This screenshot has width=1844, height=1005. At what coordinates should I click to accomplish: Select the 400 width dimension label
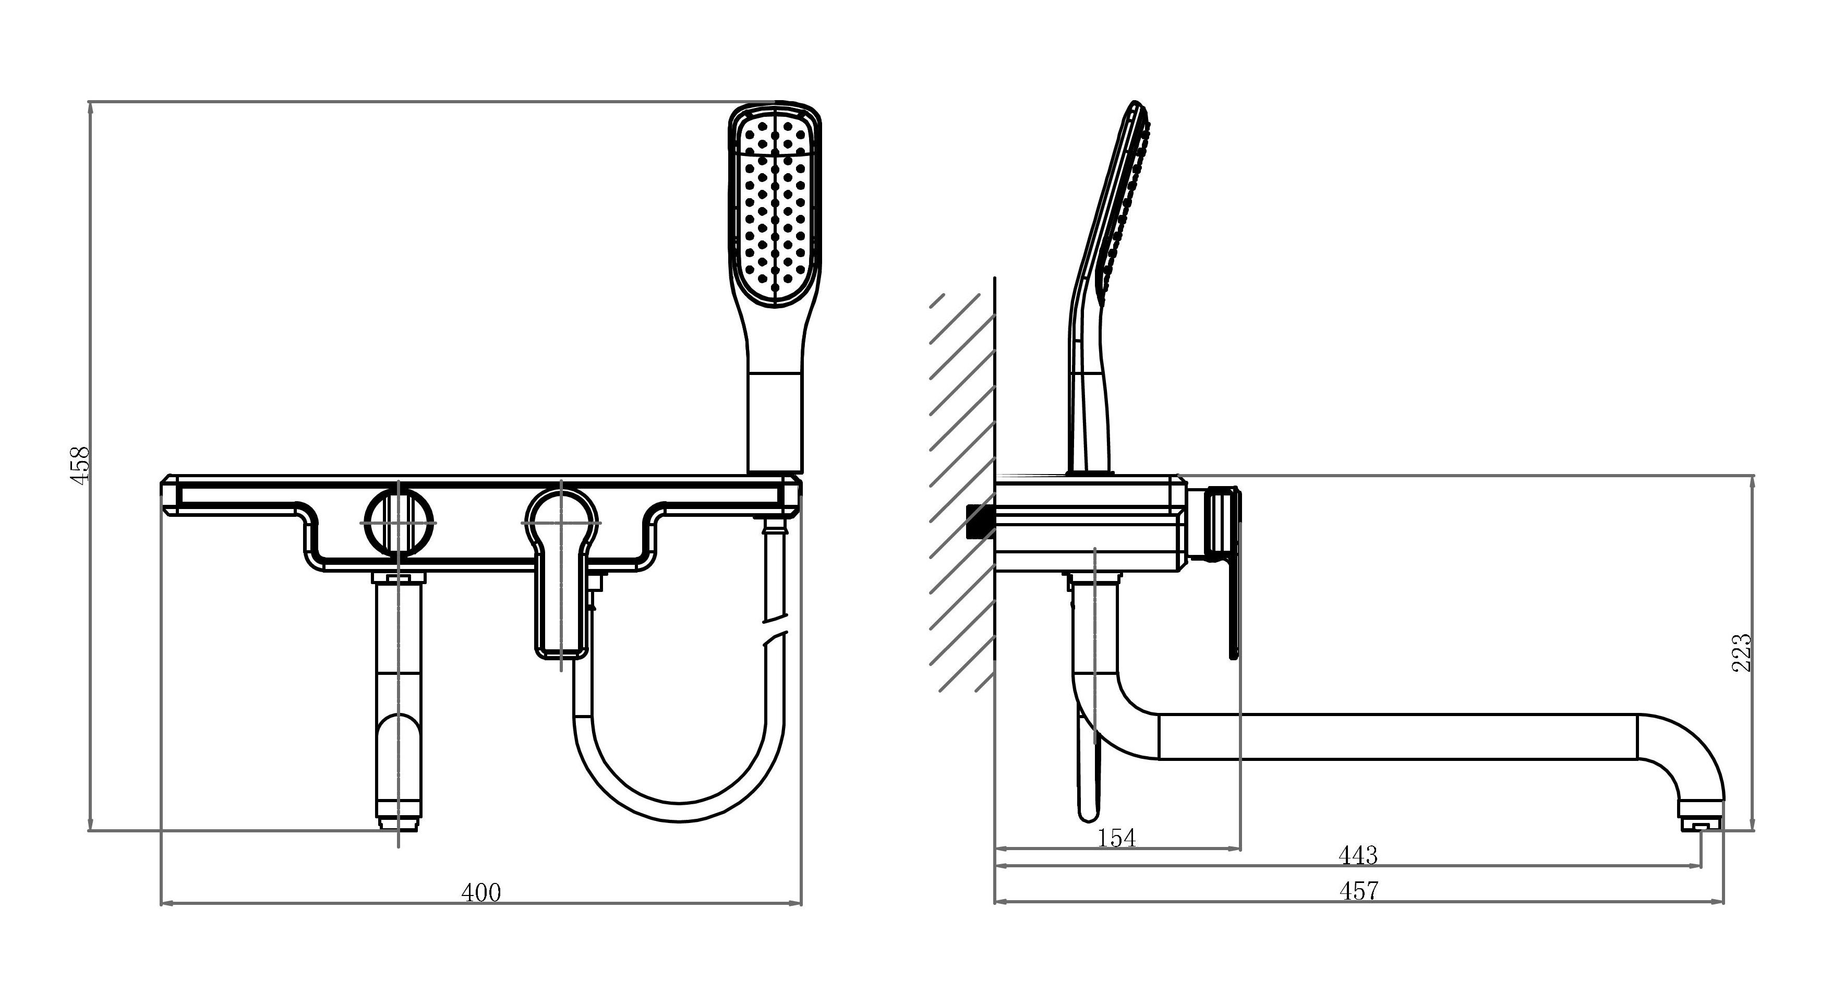pos(481,893)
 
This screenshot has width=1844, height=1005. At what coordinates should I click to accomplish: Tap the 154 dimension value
pos(1117,838)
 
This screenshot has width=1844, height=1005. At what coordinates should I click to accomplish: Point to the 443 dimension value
pos(1358,855)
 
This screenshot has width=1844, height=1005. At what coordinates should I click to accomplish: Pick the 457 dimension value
pos(1358,891)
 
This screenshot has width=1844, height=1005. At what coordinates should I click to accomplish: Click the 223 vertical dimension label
pos(1742,652)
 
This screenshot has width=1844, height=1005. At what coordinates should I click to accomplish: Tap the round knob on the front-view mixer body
pos(399,523)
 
